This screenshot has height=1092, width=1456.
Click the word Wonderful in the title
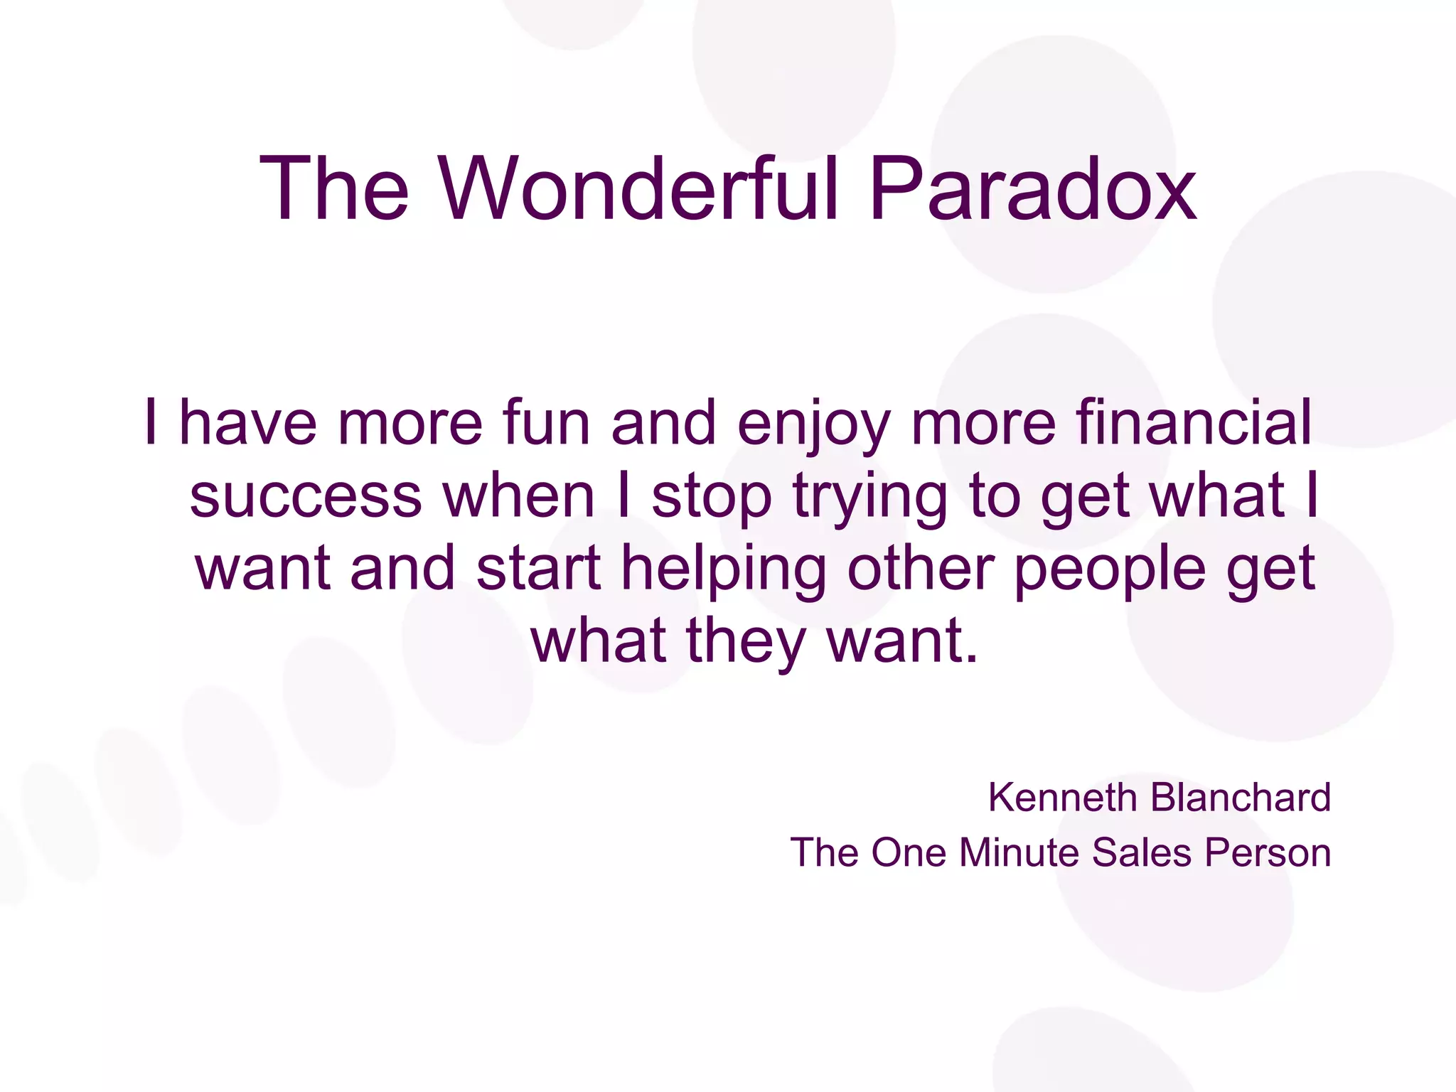click(638, 189)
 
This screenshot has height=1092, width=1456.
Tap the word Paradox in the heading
click(1032, 189)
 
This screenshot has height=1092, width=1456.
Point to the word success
click(306, 496)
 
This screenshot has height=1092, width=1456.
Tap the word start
click(539, 569)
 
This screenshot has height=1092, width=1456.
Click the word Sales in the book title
click(1141, 852)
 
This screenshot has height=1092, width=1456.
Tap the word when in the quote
click(519, 496)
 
